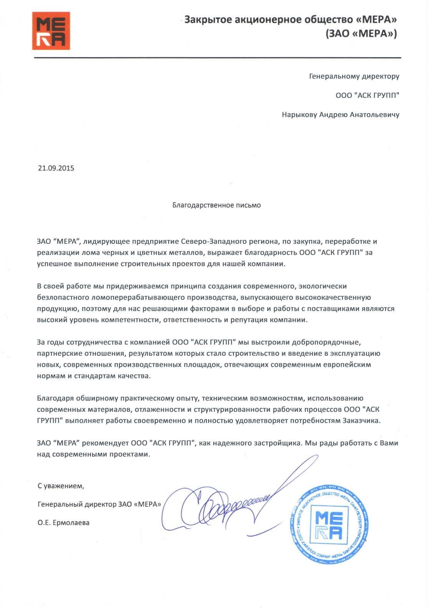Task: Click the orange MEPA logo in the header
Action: (51, 31)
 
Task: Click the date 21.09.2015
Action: (56, 168)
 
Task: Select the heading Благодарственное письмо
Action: (217, 205)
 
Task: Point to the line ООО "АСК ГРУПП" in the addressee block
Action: (367, 95)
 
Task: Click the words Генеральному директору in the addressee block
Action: (354, 76)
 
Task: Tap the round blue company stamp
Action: (329, 525)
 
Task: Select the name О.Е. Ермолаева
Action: (64, 523)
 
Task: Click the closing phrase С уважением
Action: (61, 486)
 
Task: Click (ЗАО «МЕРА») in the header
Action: (361, 34)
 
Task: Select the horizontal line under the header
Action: (217, 58)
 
